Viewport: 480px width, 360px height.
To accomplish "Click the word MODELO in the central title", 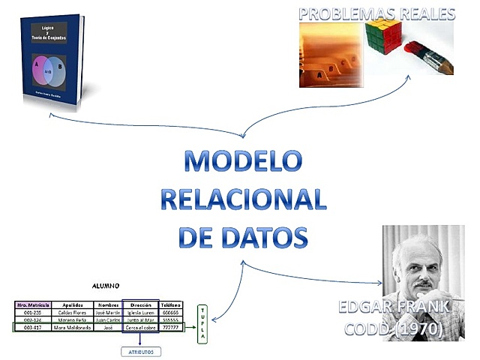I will tap(243, 163).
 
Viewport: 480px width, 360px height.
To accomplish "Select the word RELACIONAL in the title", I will tap(244, 200).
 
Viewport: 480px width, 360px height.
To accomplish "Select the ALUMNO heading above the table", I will tap(106, 286).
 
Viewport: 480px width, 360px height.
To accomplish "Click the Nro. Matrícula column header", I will tap(33, 305).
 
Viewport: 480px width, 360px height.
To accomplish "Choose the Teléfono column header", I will tap(171, 305).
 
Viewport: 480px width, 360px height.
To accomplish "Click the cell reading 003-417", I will tap(33, 328).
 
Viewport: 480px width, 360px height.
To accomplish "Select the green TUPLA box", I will tap(202, 324).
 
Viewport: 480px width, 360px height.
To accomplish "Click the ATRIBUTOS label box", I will tap(140, 350).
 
